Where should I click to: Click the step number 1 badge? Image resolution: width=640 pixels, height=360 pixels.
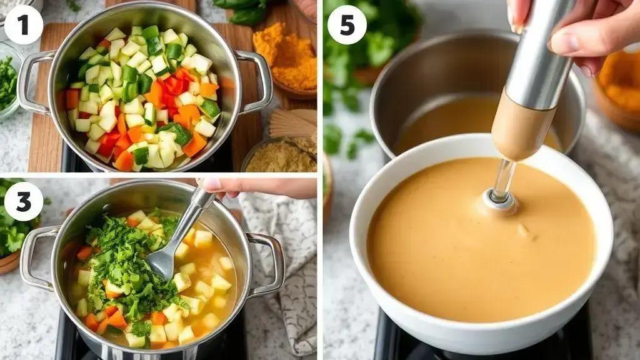tap(23, 24)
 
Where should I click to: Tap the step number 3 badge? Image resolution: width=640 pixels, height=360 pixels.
tap(23, 201)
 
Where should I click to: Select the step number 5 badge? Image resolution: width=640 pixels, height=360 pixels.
tap(346, 24)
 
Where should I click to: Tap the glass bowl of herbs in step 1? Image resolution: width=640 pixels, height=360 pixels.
tap(9, 82)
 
